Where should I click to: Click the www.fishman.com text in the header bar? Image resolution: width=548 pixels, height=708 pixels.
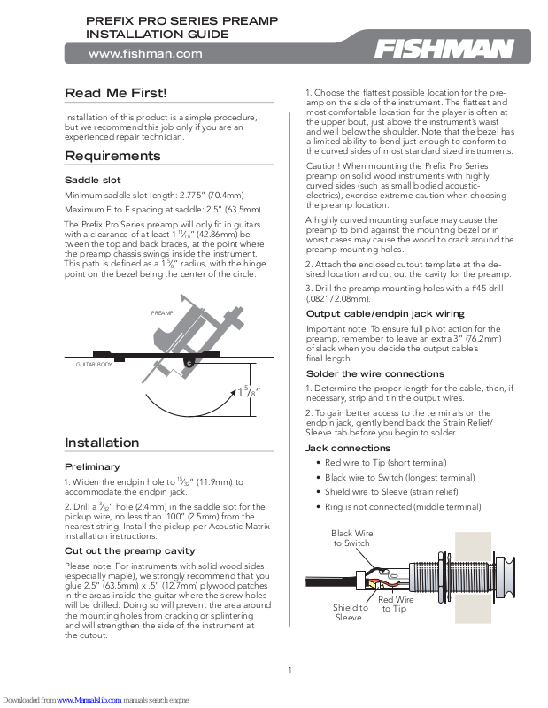pos(145,53)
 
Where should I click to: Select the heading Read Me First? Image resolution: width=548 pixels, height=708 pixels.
pos(115,93)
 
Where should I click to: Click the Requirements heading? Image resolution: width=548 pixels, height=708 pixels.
pos(112,156)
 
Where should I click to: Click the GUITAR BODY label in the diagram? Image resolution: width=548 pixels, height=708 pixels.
pos(92,364)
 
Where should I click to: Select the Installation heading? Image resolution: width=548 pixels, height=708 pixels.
pos(102,442)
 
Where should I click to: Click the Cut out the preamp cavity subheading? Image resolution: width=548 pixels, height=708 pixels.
pos(129,550)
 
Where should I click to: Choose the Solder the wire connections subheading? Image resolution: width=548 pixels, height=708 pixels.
pos(374,373)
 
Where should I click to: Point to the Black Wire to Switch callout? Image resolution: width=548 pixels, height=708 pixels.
pos(351,538)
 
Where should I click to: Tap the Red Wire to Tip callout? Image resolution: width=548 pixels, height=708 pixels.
pos(396,604)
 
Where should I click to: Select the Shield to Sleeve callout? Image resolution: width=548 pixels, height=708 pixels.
pos(350,612)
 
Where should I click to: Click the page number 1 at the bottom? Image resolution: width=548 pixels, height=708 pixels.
pos(289,670)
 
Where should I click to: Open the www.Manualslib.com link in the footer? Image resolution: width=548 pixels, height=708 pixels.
pos(88,700)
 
